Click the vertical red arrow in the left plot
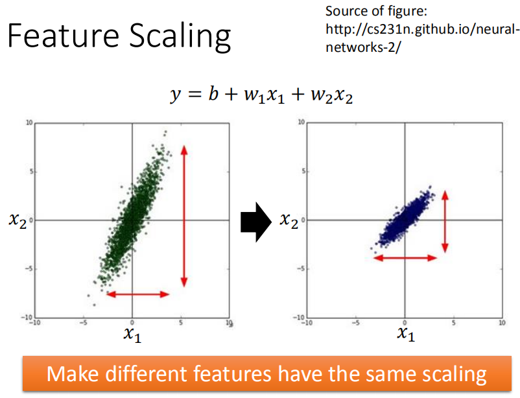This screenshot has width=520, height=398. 184,215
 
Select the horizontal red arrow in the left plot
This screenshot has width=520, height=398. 138,294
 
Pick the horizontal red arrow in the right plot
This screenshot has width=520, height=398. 407,257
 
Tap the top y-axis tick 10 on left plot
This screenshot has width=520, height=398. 29,123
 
